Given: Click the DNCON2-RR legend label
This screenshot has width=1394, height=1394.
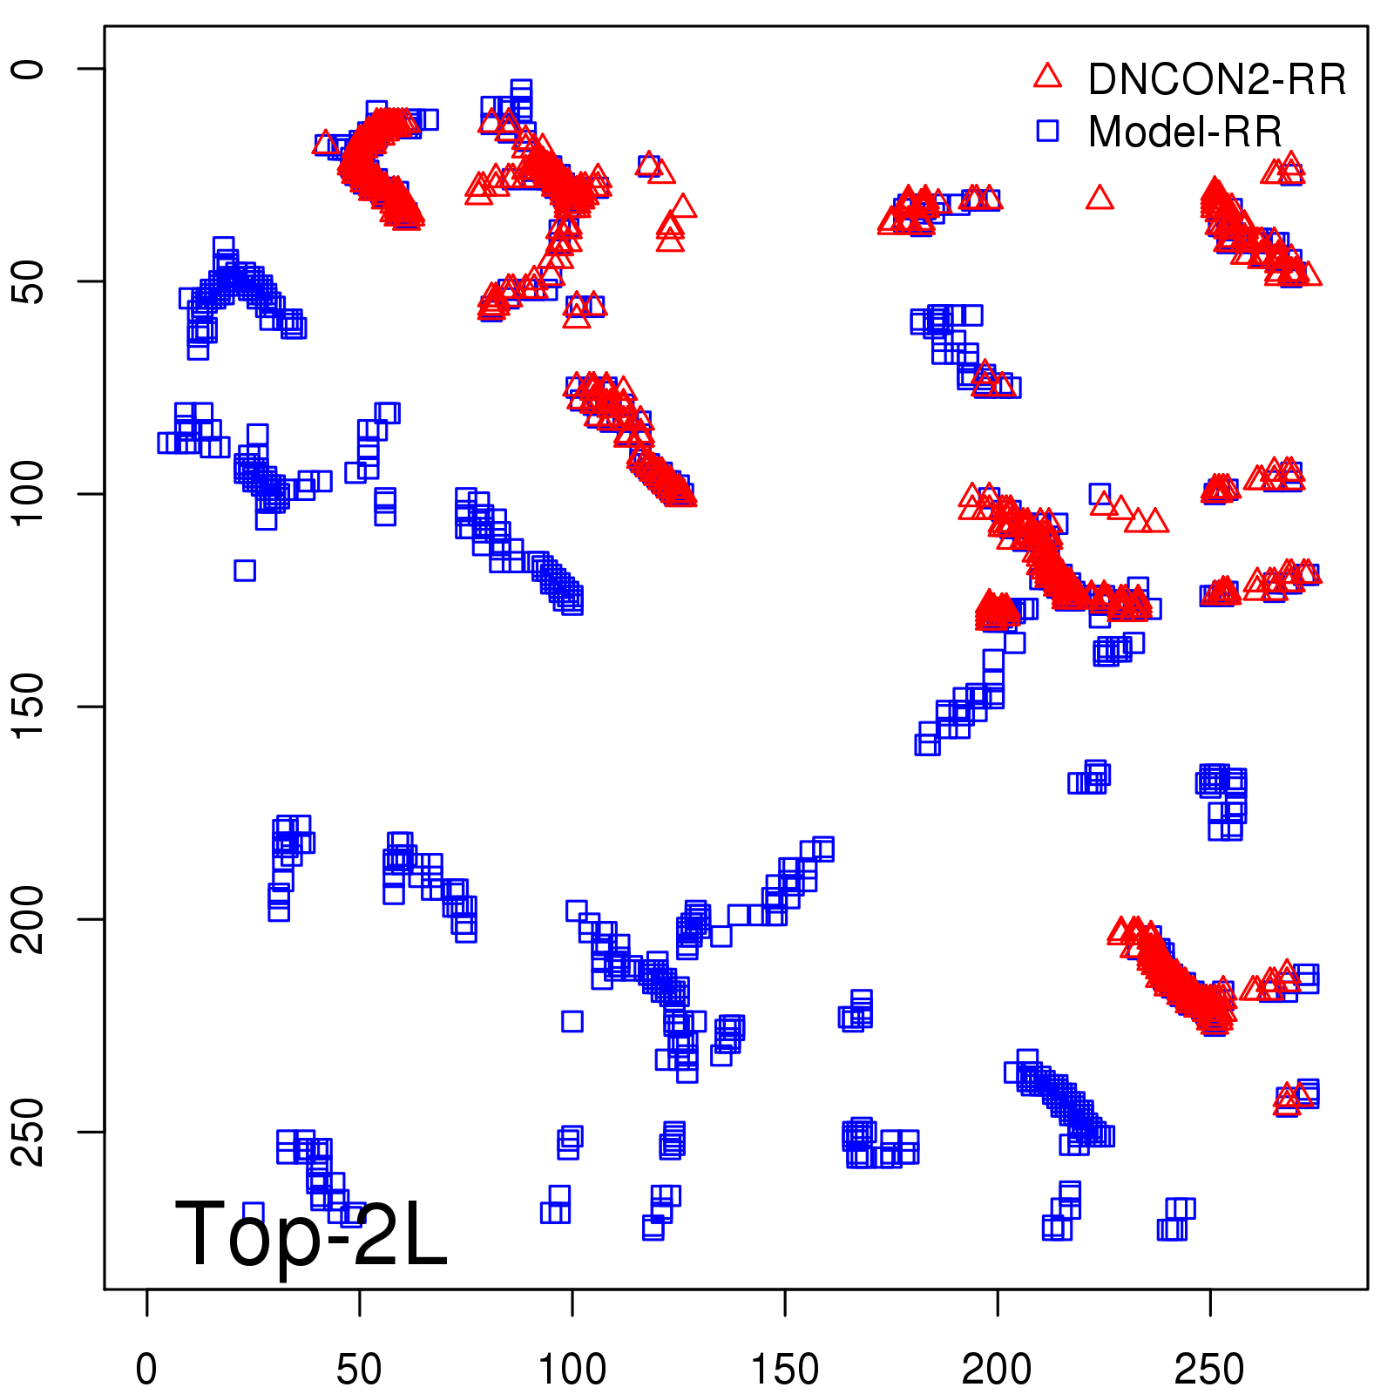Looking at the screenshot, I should tap(1216, 79).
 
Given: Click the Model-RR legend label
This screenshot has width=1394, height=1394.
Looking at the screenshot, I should tap(1185, 132).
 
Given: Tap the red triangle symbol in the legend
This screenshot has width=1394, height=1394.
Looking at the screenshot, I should tap(1047, 77).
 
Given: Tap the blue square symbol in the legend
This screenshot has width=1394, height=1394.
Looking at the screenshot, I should tap(1047, 131).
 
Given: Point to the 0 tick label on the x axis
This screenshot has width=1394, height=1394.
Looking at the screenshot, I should tap(146, 1370).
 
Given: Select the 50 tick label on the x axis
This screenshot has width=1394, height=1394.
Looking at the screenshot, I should tap(359, 1370).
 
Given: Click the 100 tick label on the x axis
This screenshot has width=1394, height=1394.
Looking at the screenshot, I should tap(572, 1370).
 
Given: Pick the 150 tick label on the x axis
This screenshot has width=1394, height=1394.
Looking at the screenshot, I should tap(784, 1370).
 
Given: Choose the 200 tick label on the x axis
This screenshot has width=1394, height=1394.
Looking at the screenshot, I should tap(997, 1370).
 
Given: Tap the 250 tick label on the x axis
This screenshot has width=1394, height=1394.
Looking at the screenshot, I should tap(1209, 1370).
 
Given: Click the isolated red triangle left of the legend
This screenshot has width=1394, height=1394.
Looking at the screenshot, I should tap(1100, 199).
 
